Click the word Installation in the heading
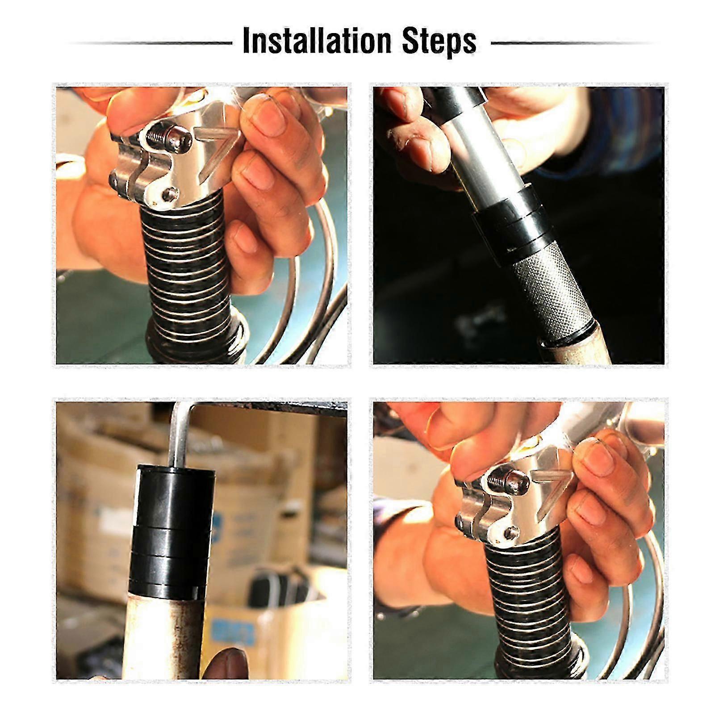coord(317,42)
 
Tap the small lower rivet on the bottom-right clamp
coord(508,534)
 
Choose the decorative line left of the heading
coord(150,43)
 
